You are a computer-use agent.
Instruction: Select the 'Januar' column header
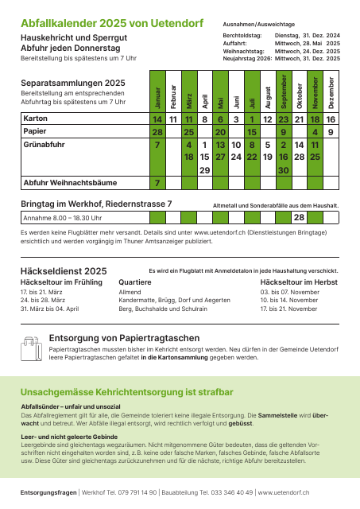[x=157, y=92]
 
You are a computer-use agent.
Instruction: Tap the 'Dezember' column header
[x=331, y=92]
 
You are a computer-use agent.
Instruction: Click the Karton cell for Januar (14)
[x=157, y=119]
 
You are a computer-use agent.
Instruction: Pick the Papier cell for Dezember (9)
[x=331, y=132]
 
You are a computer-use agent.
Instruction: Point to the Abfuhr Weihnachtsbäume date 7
[x=157, y=183]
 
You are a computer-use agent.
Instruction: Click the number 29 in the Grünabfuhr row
[x=204, y=170]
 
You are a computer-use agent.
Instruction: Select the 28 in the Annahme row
[x=300, y=217]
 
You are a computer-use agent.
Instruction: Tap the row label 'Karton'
[x=35, y=119]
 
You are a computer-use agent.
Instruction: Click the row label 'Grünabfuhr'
[x=44, y=146]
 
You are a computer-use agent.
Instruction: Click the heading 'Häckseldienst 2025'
[x=63, y=271]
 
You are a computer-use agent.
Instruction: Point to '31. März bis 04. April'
[x=49, y=308]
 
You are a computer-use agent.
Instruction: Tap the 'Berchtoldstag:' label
[x=242, y=36]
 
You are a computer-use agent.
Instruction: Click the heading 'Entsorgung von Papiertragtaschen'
[x=125, y=338]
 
